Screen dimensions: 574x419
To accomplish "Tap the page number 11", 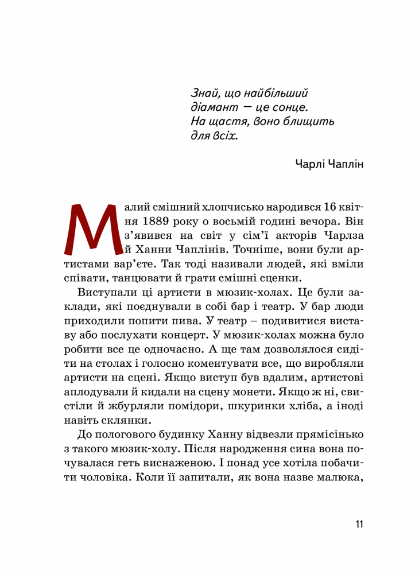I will pos(359,524).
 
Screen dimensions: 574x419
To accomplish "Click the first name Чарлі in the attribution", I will pos(310,164).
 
